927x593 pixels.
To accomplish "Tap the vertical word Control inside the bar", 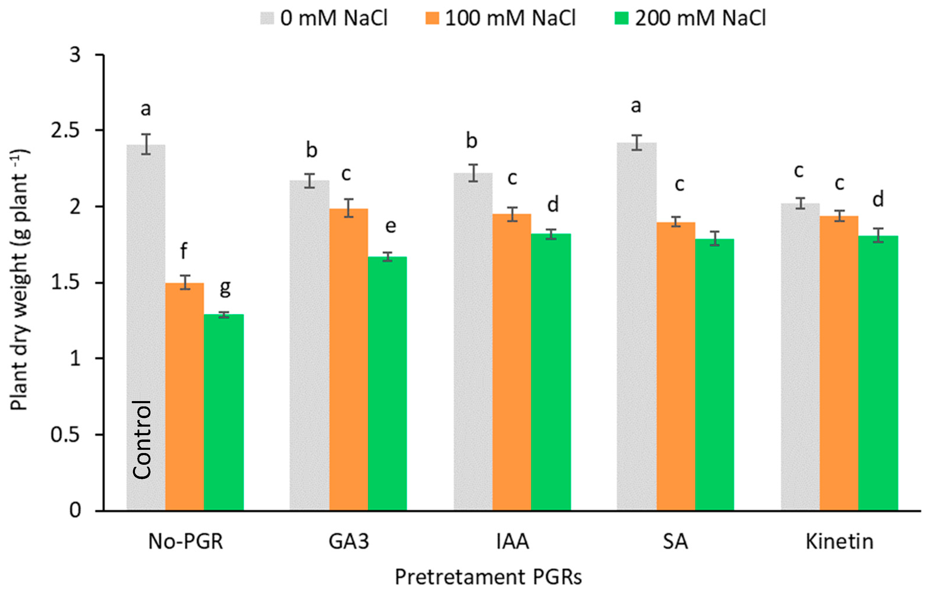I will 142,439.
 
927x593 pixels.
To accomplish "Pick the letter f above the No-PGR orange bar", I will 184,251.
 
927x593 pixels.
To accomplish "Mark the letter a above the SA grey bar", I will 636,106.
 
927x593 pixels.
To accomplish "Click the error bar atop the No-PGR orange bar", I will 185,282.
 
